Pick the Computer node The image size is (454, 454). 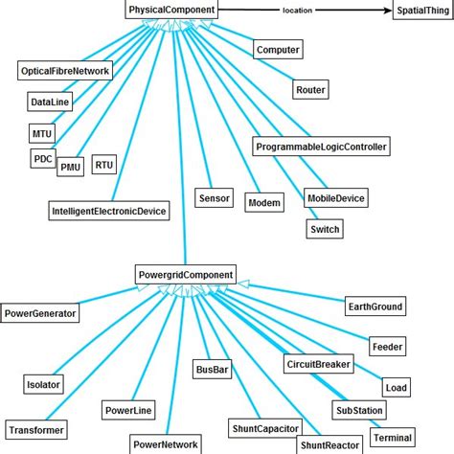point(279,50)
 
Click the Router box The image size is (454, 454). point(310,90)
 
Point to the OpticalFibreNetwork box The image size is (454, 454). point(66,71)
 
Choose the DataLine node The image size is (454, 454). point(48,101)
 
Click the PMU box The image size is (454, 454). point(71,167)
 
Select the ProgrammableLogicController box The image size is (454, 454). point(321,147)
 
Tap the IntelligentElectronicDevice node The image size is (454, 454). point(109,210)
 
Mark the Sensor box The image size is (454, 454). point(213,198)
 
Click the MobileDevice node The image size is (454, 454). point(336,198)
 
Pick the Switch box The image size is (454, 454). point(325,229)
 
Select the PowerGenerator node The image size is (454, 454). point(39,312)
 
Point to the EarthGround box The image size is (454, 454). point(375,306)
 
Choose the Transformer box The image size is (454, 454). point(35,430)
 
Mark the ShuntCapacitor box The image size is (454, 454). point(263,427)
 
